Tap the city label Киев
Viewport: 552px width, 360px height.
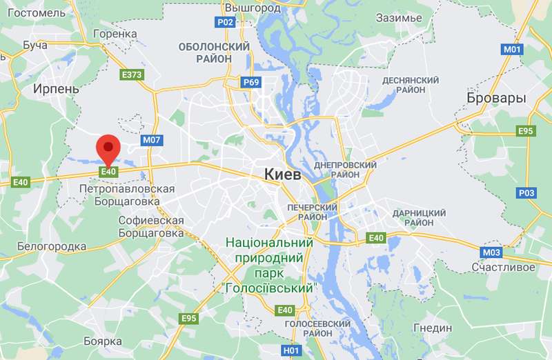(283, 175)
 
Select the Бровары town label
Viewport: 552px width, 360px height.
(496, 98)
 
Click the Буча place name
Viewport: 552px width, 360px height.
(35, 46)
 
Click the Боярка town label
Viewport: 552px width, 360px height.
(102, 341)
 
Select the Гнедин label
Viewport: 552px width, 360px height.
(432, 328)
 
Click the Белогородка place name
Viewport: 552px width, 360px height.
(52, 246)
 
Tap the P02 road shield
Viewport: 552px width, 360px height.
(226, 22)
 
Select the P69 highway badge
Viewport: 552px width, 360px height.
(251, 83)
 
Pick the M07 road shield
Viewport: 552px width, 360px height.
(152, 140)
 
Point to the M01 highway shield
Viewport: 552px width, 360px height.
(511, 50)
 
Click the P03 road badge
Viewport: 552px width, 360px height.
(526, 193)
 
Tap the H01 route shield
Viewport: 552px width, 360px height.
(293, 351)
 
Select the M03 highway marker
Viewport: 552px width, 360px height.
(492, 252)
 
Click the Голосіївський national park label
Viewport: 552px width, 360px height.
(270, 265)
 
